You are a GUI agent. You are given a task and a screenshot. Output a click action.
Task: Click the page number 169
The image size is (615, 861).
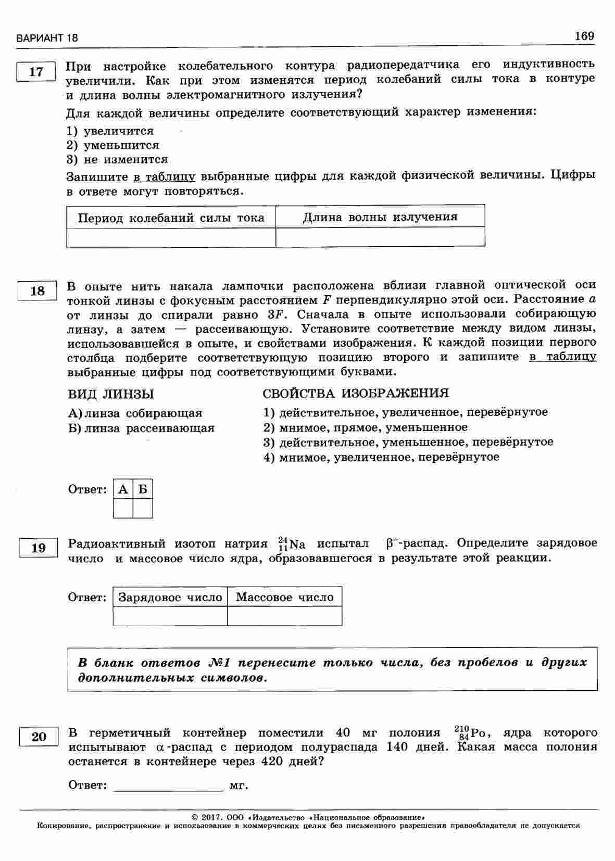(584, 36)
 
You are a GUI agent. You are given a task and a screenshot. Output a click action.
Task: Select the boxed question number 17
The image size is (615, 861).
(36, 72)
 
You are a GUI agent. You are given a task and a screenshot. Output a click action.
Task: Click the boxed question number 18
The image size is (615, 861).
(37, 290)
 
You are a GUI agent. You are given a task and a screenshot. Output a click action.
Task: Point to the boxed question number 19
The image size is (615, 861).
(38, 548)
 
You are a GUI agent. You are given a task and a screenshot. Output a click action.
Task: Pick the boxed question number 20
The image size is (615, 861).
(39, 737)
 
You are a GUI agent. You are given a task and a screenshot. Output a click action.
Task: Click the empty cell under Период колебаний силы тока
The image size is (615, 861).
(171, 237)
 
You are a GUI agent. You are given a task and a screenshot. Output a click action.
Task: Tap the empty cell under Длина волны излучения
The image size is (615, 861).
(380, 237)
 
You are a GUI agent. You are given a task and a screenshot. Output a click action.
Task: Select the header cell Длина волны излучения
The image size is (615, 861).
(380, 217)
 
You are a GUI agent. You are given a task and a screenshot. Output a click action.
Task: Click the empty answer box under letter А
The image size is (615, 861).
(123, 508)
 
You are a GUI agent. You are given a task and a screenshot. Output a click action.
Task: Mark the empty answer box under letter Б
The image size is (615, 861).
(143, 508)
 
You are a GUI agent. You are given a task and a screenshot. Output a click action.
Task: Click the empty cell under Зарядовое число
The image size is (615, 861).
(170, 616)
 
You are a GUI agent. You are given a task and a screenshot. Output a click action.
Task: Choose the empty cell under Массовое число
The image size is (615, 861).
(285, 616)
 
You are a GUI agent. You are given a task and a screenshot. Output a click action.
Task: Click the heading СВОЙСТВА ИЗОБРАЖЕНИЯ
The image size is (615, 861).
(356, 393)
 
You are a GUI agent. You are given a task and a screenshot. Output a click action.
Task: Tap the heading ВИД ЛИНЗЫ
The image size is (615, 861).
(111, 394)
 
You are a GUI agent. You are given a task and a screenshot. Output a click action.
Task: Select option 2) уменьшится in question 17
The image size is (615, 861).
(113, 145)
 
